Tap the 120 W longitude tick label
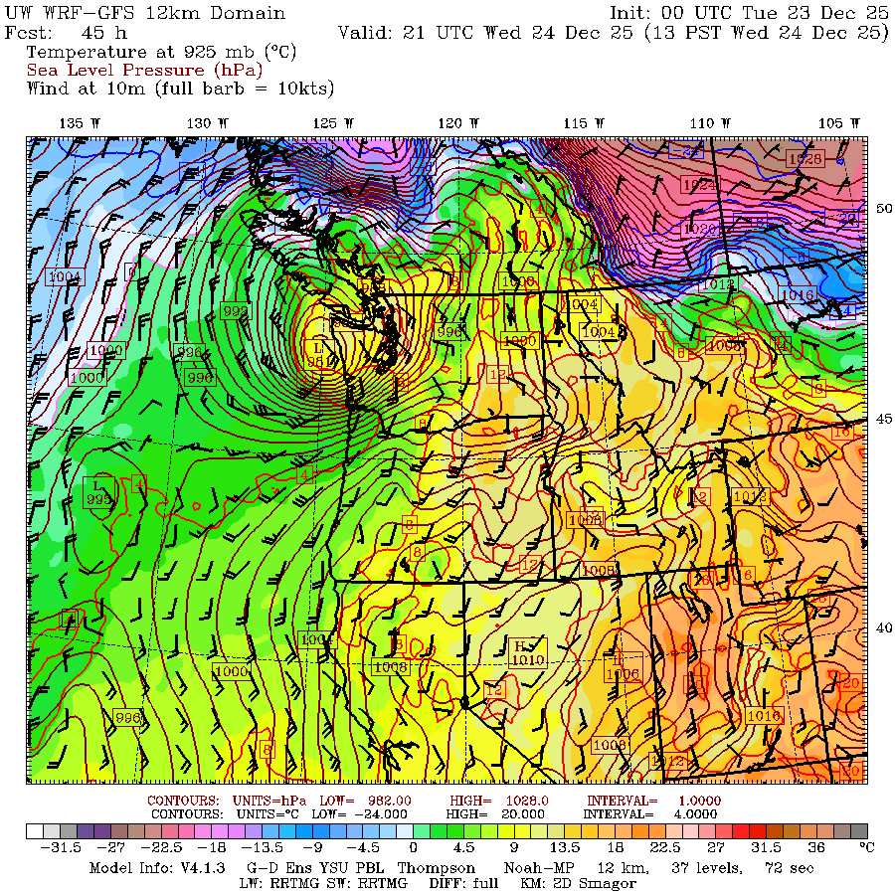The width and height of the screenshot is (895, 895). tap(451, 122)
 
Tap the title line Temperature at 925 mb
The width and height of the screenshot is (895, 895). tap(161, 52)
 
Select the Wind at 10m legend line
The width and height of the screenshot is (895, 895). tap(180, 88)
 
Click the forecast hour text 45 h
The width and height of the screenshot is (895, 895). tap(98, 32)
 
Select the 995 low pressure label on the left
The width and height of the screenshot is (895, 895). tap(98, 499)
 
